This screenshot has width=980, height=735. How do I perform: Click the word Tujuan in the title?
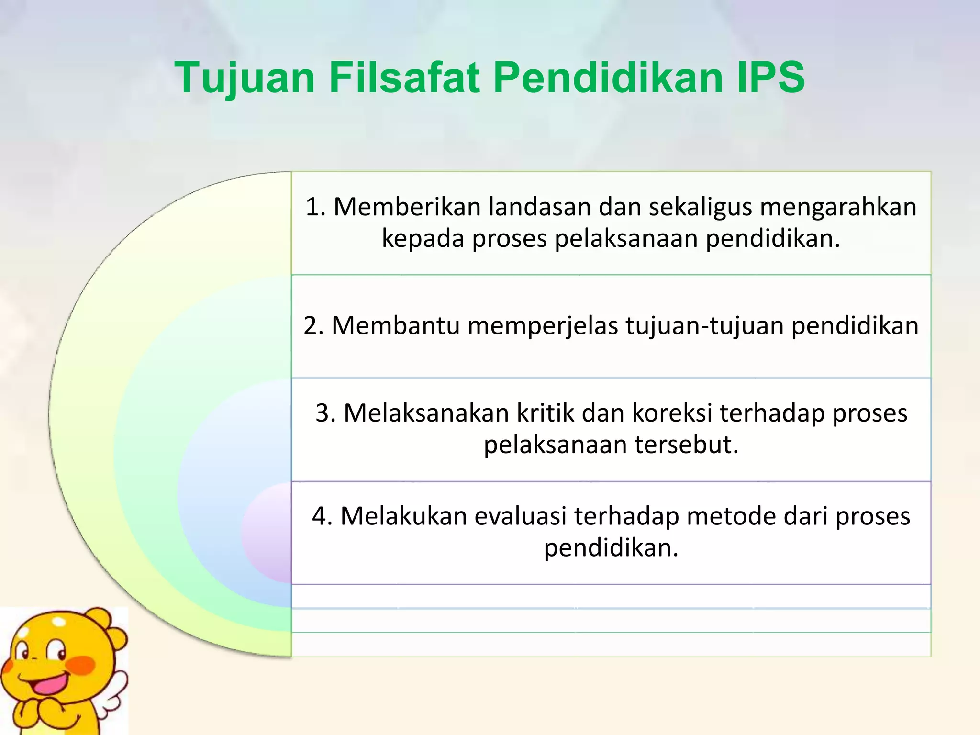pos(245,78)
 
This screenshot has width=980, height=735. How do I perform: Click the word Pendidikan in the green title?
pos(608,78)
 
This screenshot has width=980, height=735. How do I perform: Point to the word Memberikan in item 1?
pos(407,207)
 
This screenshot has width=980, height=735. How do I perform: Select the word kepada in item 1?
pos(423,238)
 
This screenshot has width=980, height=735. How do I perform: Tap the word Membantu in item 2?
pos(395,326)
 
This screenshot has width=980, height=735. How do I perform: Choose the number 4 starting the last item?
pos(321,516)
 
